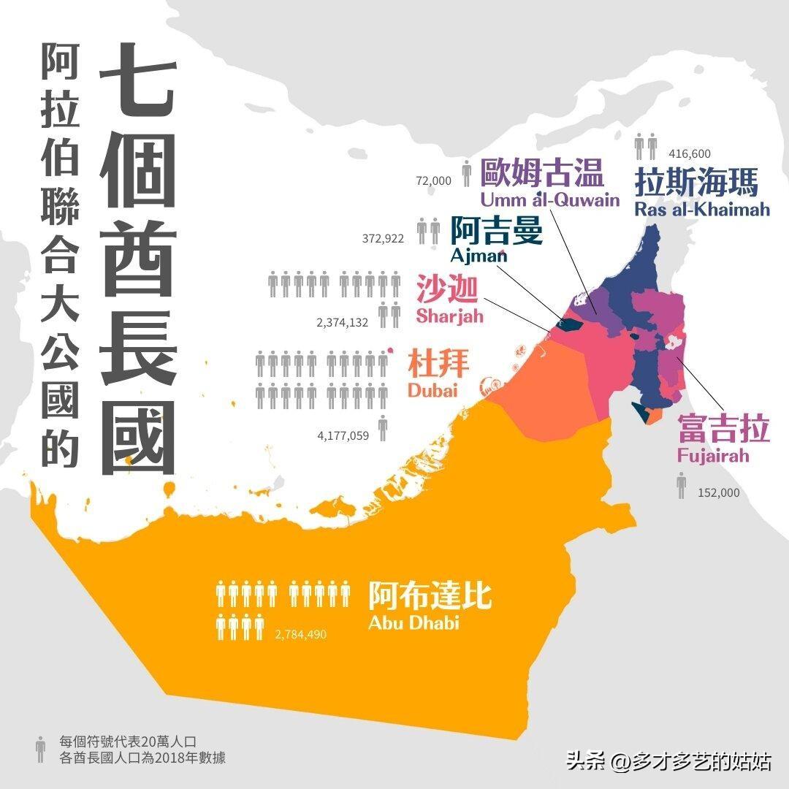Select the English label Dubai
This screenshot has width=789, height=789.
tap(432, 390)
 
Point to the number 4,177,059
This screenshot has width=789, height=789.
tap(343, 435)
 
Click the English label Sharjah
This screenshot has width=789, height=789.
tap(449, 316)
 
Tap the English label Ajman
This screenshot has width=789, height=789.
tap(479, 256)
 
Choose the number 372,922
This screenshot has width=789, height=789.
tap(383, 238)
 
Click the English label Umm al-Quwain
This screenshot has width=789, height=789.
tap(549, 199)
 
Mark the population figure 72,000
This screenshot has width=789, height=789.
tap(434, 180)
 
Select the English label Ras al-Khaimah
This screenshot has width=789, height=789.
tap(702, 210)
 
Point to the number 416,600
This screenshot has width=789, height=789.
tap(690, 153)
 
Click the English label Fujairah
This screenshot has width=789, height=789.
tap(712, 457)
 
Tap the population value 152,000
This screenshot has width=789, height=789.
tap(719, 492)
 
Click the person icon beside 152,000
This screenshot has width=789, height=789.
tap(682, 485)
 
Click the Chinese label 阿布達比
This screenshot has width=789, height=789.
tap(430, 595)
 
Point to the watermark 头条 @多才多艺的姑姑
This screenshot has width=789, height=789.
tap(668, 761)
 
